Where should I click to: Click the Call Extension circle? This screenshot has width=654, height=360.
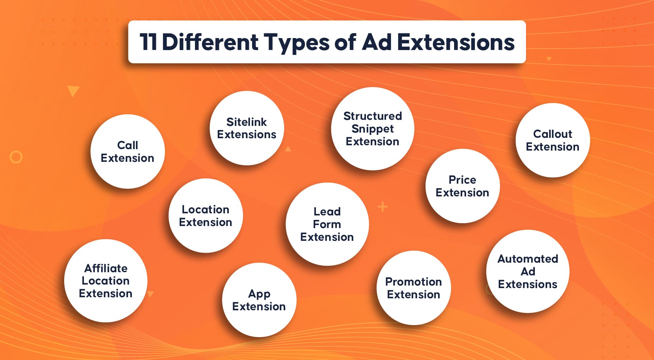click(128, 151)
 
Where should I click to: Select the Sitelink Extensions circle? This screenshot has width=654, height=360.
click(247, 128)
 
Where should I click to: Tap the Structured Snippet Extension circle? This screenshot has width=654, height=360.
click(373, 129)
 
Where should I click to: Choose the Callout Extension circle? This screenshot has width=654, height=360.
click(552, 140)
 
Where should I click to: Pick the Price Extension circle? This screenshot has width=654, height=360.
click(463, 186)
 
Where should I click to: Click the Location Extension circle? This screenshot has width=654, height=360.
click(206, 215)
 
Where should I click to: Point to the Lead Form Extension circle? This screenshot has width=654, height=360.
click(327, 224)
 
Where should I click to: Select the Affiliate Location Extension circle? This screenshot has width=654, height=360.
click(106, 281)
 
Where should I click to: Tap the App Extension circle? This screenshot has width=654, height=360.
click(259, 300)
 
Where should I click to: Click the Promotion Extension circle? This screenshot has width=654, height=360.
click(414, 288)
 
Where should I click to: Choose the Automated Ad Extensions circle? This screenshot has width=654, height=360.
click(528, 271)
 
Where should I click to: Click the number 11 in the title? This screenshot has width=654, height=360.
click(148, 42)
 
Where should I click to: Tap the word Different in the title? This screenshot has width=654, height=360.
click(210, 42)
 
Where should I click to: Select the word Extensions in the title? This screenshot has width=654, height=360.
click(456, 42)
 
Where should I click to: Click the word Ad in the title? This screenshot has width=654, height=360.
click(377, 42)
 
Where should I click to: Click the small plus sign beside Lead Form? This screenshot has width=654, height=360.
click(383, 207)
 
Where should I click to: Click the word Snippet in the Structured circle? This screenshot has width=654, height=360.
click(373, 129)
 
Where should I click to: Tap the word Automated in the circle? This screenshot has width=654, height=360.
click(528, 259)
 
